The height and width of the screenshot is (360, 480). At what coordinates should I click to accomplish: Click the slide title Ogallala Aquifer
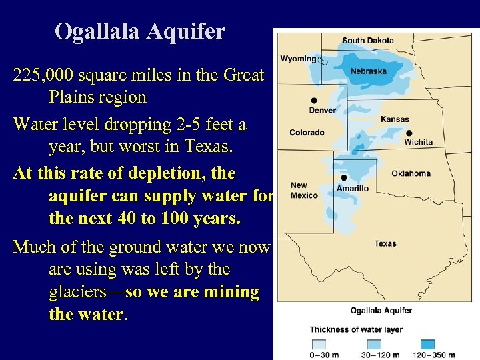point(140,31)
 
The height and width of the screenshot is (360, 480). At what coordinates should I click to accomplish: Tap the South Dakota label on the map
point(367,40)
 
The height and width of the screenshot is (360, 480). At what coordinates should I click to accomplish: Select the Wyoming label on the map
point(298,59)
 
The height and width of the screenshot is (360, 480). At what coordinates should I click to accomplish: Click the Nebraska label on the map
point(369,71)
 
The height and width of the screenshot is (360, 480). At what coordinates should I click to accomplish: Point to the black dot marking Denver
point(314,101)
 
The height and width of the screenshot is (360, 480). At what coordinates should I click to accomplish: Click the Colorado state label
point(307,133)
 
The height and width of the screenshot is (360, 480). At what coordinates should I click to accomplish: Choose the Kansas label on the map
point(395,119)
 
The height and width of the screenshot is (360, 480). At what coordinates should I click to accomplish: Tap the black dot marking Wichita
point(409,133)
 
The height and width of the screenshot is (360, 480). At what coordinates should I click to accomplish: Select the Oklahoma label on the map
point(411,173)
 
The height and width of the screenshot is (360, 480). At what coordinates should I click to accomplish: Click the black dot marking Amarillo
point(343,178)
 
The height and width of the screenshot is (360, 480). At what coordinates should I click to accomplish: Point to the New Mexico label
point(303,190)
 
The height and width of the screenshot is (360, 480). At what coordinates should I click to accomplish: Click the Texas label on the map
point(385,243)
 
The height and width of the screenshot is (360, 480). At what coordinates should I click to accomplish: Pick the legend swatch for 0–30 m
point(319,344)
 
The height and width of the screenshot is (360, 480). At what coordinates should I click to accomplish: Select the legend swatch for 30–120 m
point(375,344)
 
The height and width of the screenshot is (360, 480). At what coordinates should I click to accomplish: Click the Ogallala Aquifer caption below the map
point(381,310)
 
